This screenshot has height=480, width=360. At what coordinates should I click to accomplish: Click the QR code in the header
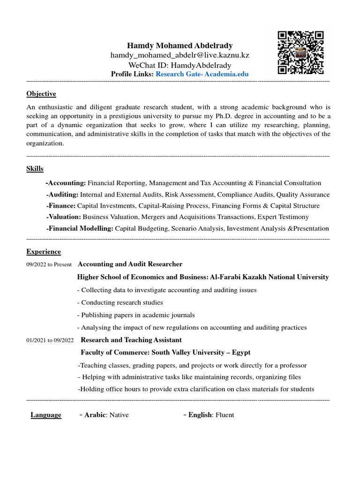(x=300, y=52)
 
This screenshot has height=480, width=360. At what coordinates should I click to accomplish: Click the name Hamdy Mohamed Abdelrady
(x=180, y=45)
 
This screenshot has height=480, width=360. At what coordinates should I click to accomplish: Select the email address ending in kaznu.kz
(x=180, y=55)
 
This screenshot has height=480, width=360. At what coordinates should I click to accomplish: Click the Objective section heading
(x=41, y=94)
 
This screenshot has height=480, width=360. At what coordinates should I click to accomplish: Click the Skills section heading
(x=35, y=169)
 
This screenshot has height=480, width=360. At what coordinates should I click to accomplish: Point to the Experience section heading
(x=44, y=252)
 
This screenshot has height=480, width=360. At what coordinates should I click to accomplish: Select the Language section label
(x=46, y=415)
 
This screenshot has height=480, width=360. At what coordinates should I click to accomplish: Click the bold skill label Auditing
(x=63, y=195)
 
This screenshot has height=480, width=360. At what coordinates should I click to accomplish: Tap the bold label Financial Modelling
(x=80, y=228)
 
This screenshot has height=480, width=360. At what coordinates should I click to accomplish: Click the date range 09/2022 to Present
(x=49, y=265)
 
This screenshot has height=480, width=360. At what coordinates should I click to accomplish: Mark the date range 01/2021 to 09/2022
(x=50, y=340)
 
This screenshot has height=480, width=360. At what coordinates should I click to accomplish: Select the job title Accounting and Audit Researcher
(x=130, y=264)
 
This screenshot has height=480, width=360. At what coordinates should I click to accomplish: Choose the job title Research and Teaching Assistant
(x=131, y=340)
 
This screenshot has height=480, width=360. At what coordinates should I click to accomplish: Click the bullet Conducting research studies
(x=121, y=302)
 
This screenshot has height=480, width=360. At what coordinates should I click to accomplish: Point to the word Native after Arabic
(x=119, y=415)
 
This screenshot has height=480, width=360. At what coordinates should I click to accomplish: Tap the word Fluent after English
(x=225, y=415)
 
